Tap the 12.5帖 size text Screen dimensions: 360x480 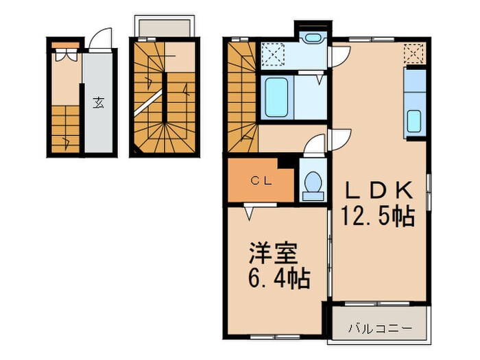[377, 217]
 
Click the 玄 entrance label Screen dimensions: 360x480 [99, 104]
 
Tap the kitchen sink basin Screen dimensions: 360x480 [414, 121]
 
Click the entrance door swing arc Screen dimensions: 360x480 [100, 38]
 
